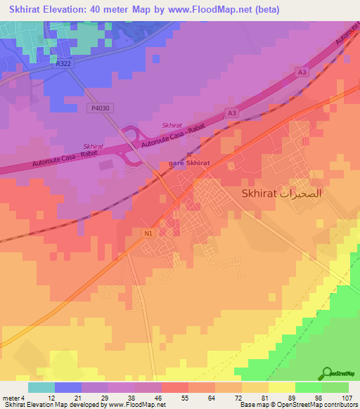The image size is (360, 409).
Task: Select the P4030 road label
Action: coord(100,109)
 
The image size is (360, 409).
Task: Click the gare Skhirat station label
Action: coord(189,164)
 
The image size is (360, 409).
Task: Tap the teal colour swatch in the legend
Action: coord(41,387)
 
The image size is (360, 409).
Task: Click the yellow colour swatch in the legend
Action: coord(281,387)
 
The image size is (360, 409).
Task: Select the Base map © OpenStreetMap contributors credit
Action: coord(296,405)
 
